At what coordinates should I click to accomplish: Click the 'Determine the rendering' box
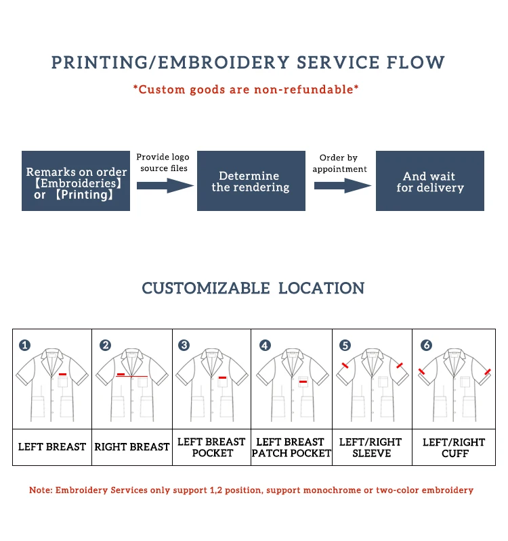[x=251, y=181]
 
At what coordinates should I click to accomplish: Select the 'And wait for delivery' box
[x=430, y=181]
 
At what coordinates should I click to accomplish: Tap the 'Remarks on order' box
[x=76, y=181]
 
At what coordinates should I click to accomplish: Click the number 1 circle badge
[x=25, y=346]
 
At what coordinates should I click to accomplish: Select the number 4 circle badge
[x=265, y=346]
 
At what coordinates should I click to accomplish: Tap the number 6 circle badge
[x=426, y=346]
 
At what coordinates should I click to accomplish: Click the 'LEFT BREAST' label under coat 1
[x=52, y=447]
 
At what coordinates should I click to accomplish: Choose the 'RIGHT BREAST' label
[x=132, y=447]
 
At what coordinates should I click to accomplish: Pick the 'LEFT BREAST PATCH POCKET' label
[x=291, y=447]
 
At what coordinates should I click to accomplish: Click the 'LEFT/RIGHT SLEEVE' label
[x=372, y=447]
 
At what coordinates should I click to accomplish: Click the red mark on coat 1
[x=62, y=374]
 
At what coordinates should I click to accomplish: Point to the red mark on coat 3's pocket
[x=222, y=377]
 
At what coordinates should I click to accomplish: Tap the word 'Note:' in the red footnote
[x=42, y=490]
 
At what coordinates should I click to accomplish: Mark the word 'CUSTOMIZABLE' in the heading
[x=205, y=288]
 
